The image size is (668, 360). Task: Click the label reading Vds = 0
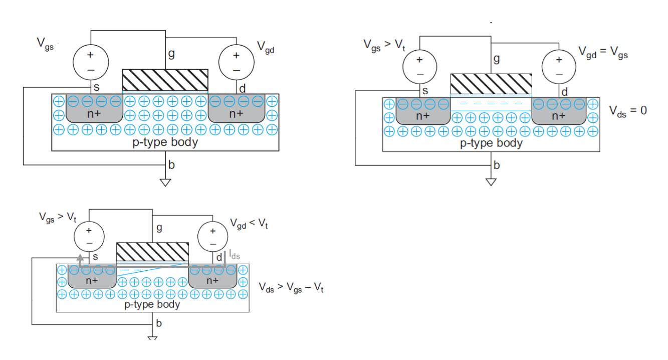(x=628, y=111)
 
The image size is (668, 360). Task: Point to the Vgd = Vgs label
(x=603, y=52)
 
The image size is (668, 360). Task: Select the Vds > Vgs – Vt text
(x=291, y=288)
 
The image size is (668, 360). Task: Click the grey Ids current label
(x=235, y=255)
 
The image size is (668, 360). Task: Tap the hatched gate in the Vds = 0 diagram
(x=491, y=83)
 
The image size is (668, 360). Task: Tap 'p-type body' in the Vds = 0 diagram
(x=491, y=143)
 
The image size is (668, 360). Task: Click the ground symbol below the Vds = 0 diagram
(x=491, y=182)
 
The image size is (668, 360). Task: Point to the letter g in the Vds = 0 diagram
(x=497, y=59)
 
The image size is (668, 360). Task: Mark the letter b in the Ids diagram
(x=159, y=323)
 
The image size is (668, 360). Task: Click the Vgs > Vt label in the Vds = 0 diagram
(x=384, y=45)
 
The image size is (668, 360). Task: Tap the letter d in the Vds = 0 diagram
(x=564, y=92)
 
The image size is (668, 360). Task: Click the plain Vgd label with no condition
(x=266, y=47)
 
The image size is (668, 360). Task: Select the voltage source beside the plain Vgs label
(x=91, y=62)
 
